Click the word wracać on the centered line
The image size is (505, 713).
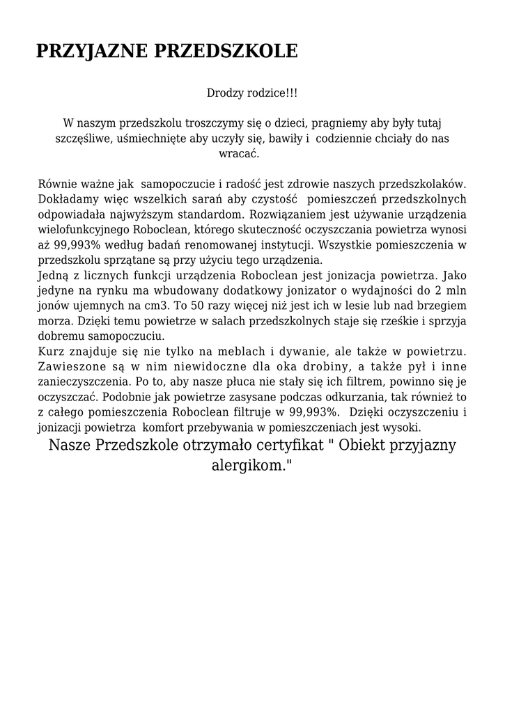pyautogui.click(x=239, y=154)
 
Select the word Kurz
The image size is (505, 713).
pyautogui.click(x=51, y=353)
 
